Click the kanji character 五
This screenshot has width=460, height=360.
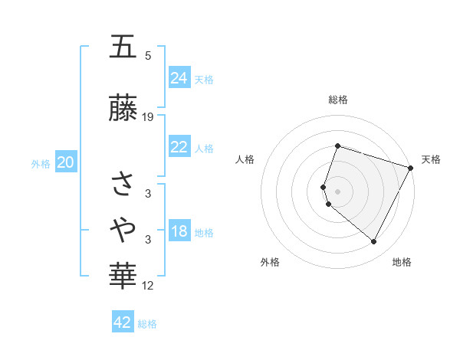click(123, 48)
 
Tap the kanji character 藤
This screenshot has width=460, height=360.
click(123, 110)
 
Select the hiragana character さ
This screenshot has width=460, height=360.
click(123, 183)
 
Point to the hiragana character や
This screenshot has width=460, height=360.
click(123, 227)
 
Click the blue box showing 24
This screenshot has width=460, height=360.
click(179, 78)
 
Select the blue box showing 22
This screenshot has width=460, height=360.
click(179, 148)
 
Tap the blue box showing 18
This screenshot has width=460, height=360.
click(179, 232)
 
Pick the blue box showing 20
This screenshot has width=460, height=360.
click(66, 162)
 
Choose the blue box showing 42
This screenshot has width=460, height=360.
click(123, 322)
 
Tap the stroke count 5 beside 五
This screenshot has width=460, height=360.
click(148, 56)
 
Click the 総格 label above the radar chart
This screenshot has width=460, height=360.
click(338, 100)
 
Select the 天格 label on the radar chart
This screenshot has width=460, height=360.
click(431, 159)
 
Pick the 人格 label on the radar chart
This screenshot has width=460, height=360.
click(245, 159)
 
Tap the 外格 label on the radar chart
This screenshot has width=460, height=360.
click(270, 262)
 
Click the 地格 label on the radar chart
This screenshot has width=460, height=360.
click(402, 262)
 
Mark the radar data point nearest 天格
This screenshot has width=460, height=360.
click(411, 168)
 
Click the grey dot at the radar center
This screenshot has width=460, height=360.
click(338, 191)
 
